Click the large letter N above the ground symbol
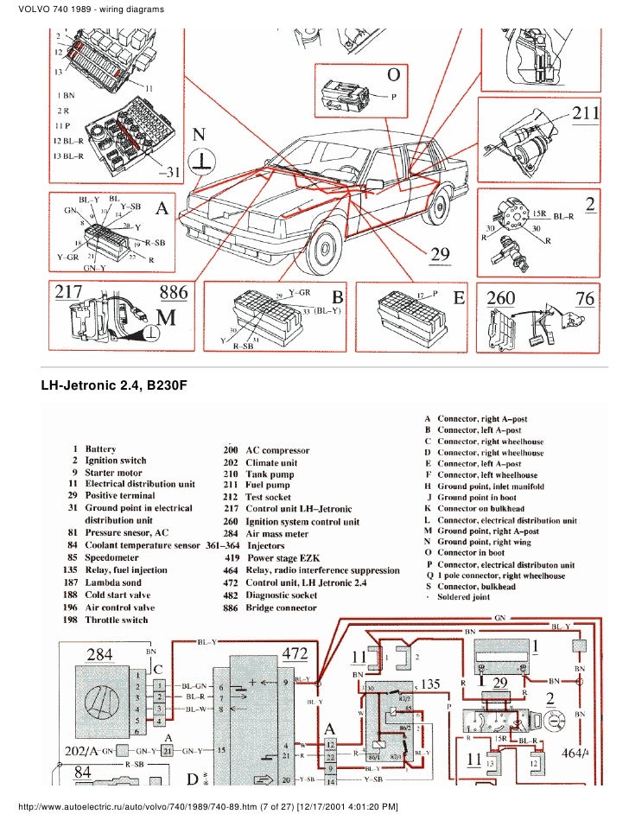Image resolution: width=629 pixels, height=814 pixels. [x=200, y=135]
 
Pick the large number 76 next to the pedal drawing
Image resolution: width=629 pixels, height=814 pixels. [x=584, y=298]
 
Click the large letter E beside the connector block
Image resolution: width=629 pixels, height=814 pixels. [x=460, y=298]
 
